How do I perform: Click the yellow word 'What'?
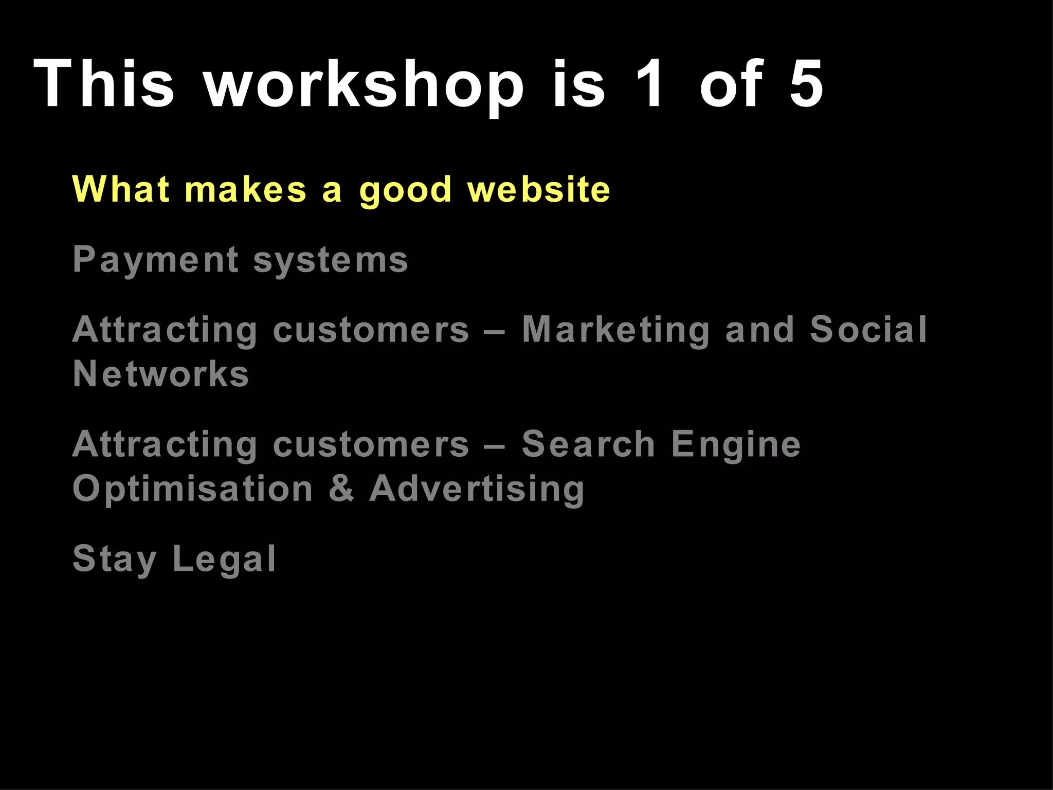[x=121, y=189]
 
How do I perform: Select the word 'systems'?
[x=331, y=260]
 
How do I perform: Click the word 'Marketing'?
[x=616, y=330]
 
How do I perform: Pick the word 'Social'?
[x=868, y=329]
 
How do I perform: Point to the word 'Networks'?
[x=161, y=374]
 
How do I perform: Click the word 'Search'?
[x=588, y=444]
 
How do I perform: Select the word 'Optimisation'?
[x=193, y=489]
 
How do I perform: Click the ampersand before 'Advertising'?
[x=341, y=489]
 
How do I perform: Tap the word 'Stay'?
[x=114, y=560]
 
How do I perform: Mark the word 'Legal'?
[x=225, y=560]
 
